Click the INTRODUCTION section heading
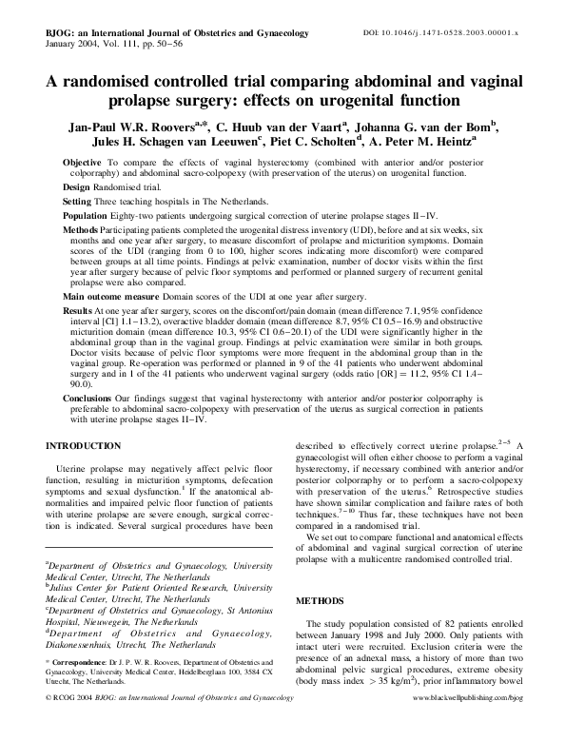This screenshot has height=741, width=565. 85,444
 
